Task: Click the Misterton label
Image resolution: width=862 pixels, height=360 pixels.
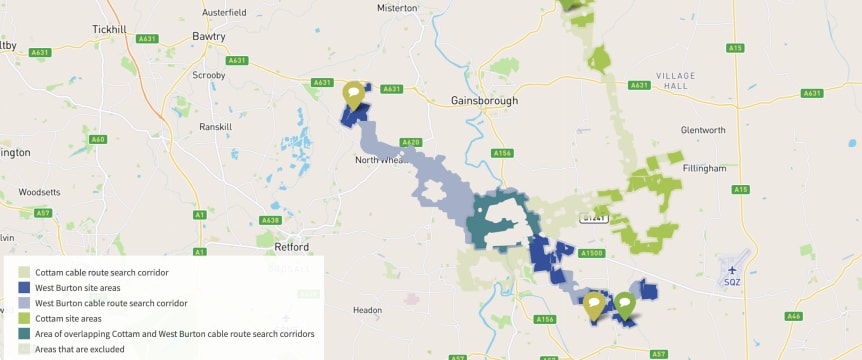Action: coord(397,7)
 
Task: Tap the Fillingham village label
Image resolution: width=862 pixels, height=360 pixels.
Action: coord(704,168)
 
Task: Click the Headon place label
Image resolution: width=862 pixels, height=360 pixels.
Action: coord(367,311)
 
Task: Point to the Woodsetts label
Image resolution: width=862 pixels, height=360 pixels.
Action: coord(40,190)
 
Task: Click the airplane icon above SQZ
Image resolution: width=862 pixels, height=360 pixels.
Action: coord(732,269)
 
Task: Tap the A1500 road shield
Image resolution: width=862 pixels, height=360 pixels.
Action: coord(591,254)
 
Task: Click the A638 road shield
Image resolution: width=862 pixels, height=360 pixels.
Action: coord(270,220)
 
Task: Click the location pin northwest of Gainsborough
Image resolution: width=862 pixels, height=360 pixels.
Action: coord(353,95)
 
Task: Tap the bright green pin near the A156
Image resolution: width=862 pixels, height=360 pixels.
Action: coord(625,303)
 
